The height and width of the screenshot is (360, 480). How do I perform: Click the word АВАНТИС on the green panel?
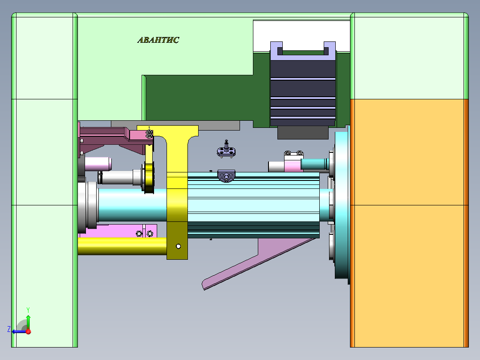[158, 40]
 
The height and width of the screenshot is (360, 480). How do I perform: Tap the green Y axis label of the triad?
[28, 309]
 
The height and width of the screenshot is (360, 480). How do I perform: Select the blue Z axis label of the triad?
[9, 329]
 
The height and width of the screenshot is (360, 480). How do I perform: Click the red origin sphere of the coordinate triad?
[28, 331]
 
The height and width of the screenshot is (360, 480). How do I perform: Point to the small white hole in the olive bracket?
[178, 246]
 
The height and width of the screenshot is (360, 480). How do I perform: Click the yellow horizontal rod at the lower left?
[120, 246]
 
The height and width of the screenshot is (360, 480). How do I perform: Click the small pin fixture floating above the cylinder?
[227, 149]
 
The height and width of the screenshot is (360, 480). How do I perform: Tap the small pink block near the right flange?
[293, 166]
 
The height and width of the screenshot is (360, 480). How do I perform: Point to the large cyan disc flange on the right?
[342, 205]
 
